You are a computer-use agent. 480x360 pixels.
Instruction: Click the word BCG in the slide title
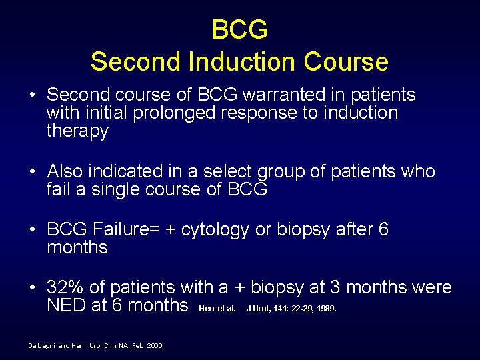[239, 30]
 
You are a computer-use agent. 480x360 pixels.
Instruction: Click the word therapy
[77, 131]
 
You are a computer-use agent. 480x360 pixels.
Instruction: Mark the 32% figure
[65, 287]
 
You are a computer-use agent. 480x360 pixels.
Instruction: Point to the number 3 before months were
[335, 287]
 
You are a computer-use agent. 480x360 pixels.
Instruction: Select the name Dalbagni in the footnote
[43, 345]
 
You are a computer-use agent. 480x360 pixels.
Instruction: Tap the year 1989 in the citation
[327, 308]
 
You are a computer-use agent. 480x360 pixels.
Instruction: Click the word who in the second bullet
[419, 171]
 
